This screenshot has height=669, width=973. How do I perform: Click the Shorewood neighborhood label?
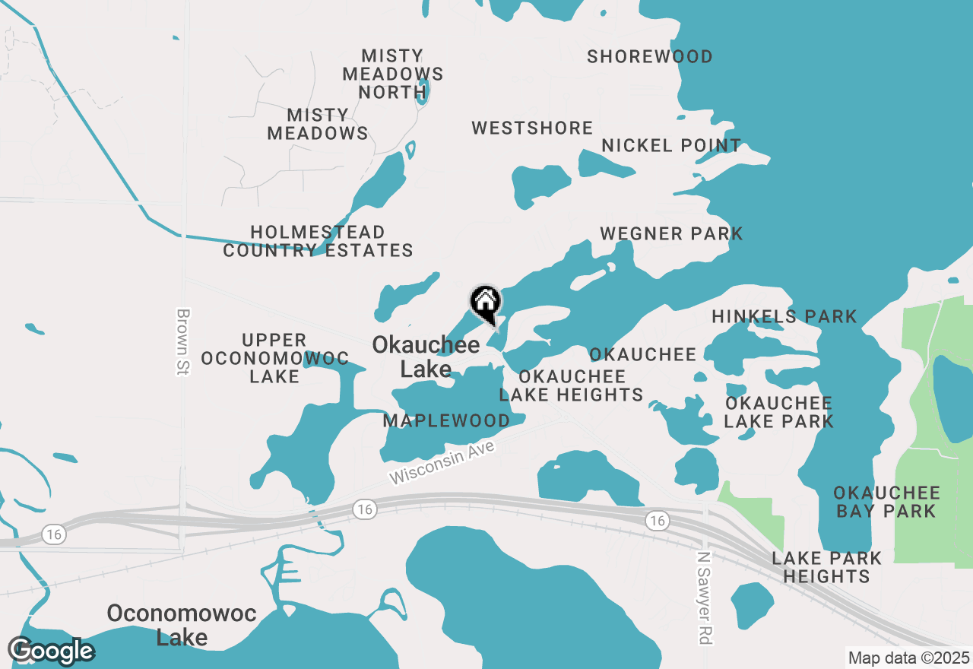(650, 56)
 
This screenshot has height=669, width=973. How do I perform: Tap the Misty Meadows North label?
(392, 74)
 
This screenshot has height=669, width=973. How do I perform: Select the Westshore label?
(532, 128)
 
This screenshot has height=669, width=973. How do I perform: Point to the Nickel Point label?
(671, 145)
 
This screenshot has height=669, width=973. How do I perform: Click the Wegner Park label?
(671, 233)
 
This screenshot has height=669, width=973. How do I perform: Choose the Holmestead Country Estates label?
(318, 241)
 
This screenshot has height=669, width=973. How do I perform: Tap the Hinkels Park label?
(784, 316)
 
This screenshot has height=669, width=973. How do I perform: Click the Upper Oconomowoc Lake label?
(274, 358)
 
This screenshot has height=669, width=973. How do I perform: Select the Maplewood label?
(446, 420)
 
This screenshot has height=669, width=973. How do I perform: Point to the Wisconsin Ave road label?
(442, 463)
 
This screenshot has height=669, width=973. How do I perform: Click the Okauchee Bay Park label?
(886, 502)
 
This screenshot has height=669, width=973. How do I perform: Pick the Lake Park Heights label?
(826, 567)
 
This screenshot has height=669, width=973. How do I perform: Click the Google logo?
(51, 651)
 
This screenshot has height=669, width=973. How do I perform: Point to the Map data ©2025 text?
(909, 658)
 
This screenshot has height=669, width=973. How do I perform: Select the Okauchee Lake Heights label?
(571, 385)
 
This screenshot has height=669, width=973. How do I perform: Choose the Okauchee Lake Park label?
(778, 412)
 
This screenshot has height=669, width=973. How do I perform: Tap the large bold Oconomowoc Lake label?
(182, 624)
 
